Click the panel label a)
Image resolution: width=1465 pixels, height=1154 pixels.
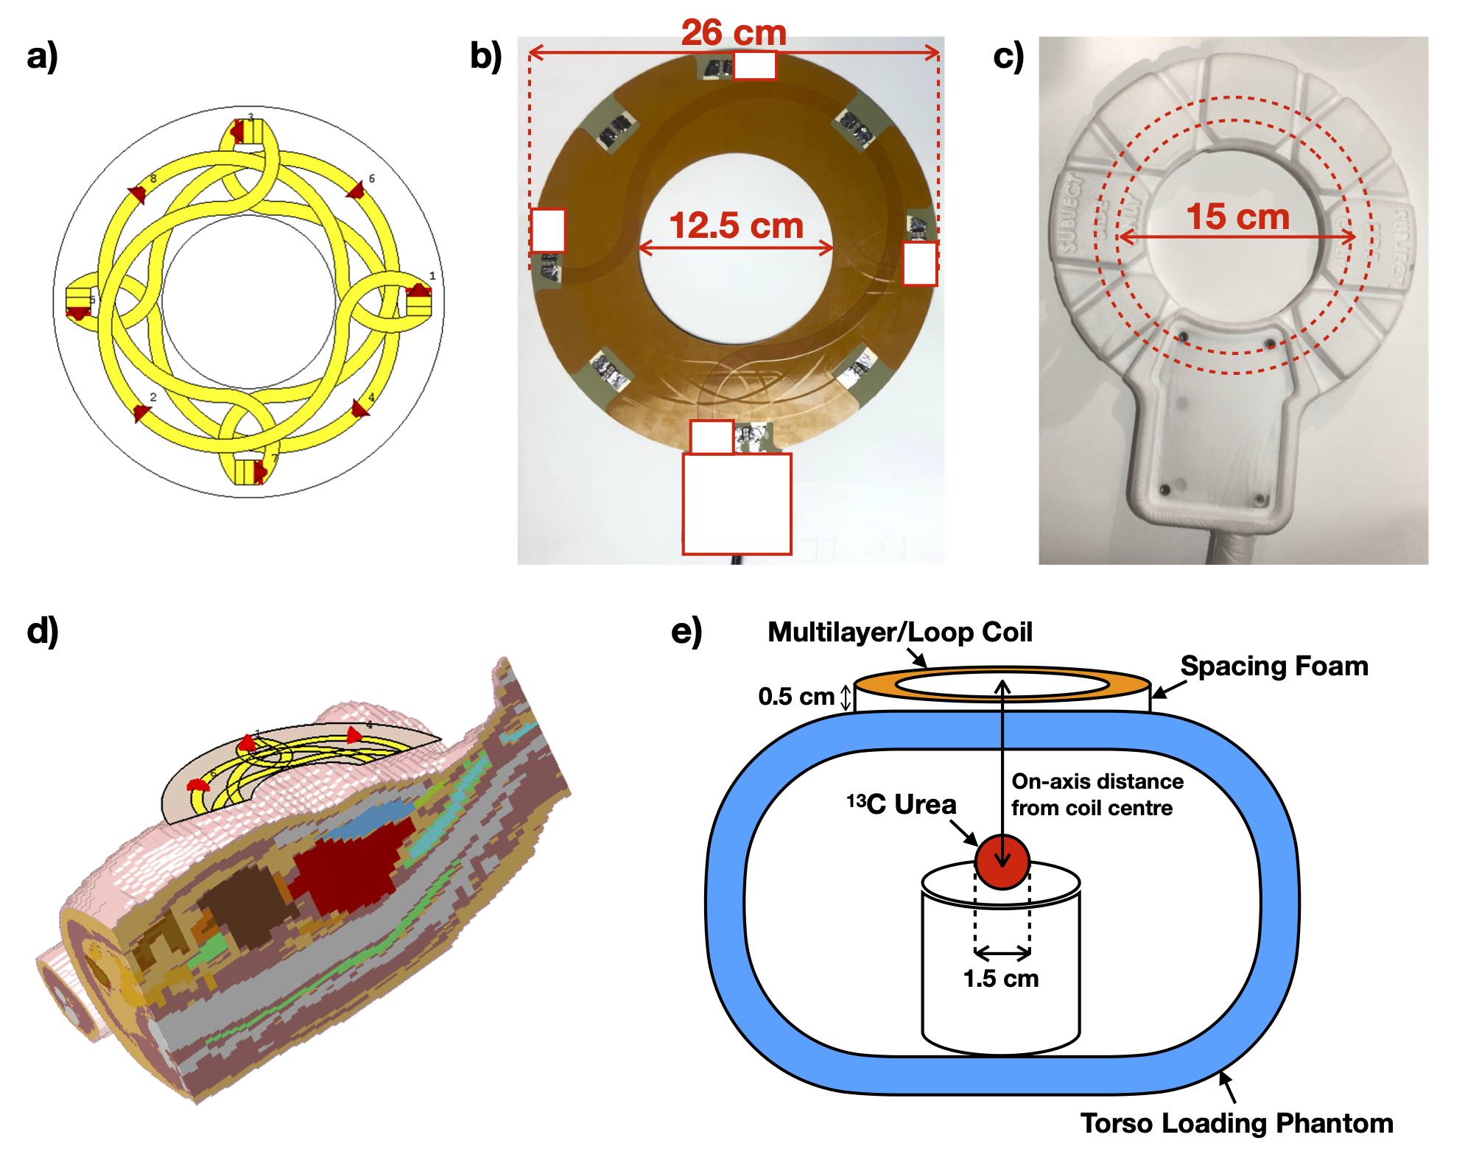coord(42,56)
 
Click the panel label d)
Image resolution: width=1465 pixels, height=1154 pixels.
coord(42,631)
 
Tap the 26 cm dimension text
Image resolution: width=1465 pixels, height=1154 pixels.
coord(734,32)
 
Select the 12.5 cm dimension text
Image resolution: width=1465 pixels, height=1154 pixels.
coord(736,225)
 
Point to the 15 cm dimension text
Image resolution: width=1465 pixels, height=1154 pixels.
coord(1237,217)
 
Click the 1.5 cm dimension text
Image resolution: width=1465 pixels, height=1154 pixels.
coord(1001,978)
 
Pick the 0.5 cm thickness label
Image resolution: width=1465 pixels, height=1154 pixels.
coord(795,696)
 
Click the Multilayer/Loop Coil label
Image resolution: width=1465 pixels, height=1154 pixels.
coord(899,632)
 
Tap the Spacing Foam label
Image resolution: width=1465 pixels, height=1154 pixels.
coord(1274,666)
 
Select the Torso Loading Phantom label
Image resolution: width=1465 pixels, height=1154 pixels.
coord(1237,1123)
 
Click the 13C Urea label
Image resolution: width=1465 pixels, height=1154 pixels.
coord(902,804)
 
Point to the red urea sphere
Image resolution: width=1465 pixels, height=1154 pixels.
coord(1002,862)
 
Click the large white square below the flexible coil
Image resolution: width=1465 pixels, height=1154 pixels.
coord(737,504)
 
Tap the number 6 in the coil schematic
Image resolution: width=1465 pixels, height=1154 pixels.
coord(371,178)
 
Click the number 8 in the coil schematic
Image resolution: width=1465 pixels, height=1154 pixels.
coord(153,178)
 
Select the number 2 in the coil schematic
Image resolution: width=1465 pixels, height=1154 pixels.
coord(153,397)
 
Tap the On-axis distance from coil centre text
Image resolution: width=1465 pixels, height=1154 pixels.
coord(1097,795)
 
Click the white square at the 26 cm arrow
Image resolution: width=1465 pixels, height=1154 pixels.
coord(754,66)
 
